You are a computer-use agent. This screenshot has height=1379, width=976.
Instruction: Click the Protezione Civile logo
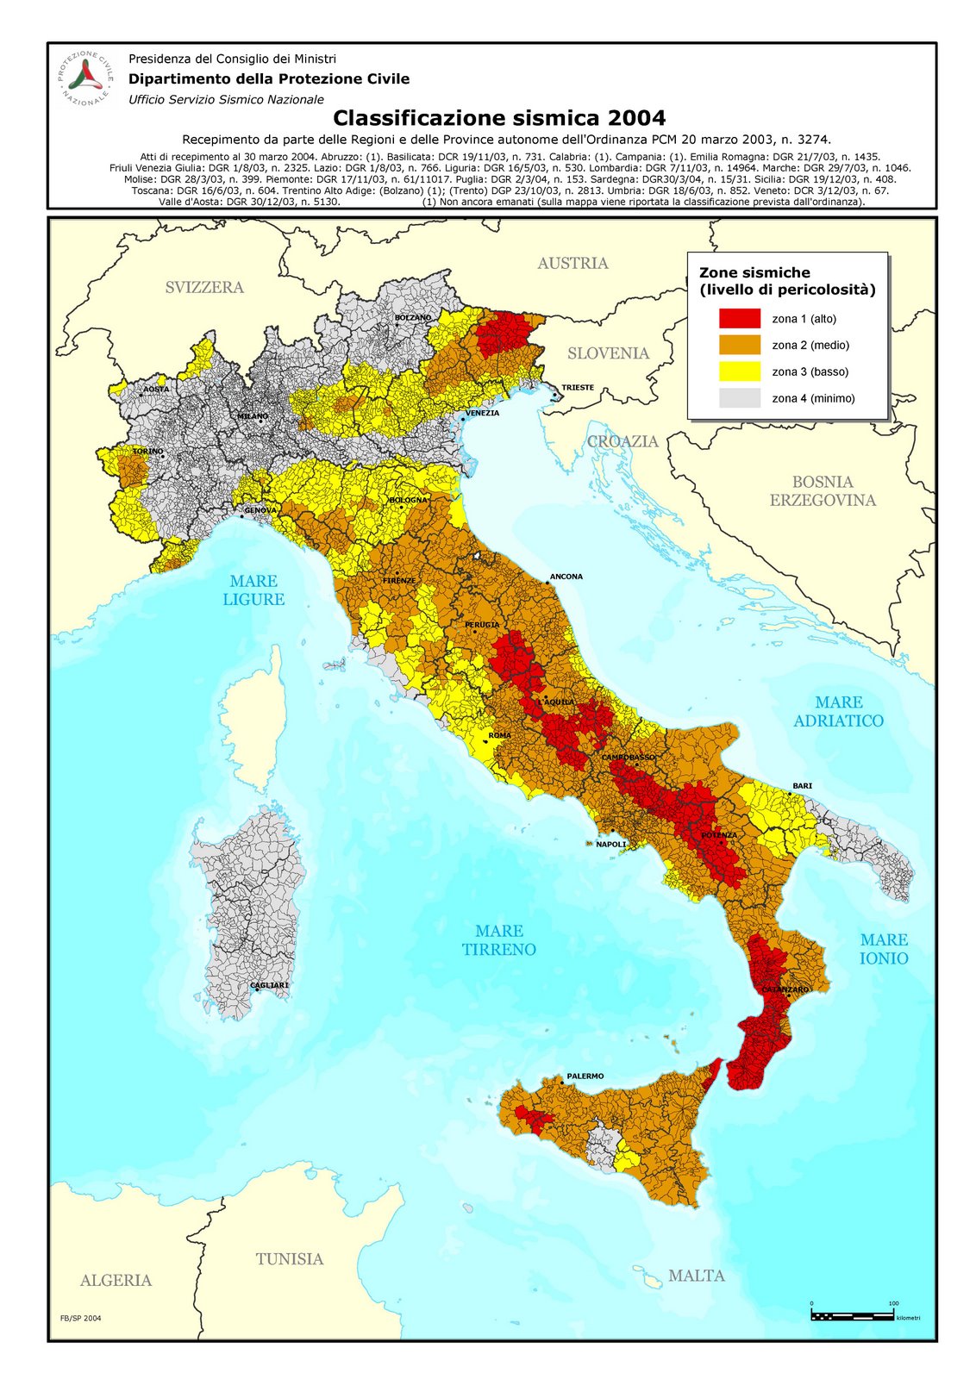85,78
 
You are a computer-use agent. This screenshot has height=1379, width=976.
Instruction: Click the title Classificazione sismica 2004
499,117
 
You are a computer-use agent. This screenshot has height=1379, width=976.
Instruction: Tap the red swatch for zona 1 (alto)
740,318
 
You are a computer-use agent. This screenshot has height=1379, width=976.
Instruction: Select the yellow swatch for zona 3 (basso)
740,371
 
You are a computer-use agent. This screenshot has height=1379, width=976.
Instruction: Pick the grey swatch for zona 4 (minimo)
740,398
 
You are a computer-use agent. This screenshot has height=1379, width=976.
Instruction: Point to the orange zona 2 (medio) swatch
740,345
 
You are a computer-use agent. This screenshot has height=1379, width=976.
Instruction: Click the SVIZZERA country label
204,287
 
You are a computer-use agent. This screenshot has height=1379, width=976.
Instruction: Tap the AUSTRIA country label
572,263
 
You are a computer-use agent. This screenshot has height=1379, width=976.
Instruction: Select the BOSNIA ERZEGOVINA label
823,491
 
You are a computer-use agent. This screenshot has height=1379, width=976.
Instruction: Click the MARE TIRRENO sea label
498,940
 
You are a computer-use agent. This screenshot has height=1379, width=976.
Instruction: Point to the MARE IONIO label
884,949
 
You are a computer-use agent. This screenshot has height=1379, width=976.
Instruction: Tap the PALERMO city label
585,1076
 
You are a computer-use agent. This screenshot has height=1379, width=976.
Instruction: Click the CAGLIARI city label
269,984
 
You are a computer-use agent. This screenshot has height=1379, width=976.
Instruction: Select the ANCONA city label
566,577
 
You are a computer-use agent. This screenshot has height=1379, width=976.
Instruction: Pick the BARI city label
803,786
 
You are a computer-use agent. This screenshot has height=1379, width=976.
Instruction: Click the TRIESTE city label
578,387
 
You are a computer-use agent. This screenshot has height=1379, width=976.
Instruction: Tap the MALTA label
697,1276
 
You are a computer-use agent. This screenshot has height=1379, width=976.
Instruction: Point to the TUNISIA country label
290,1259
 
